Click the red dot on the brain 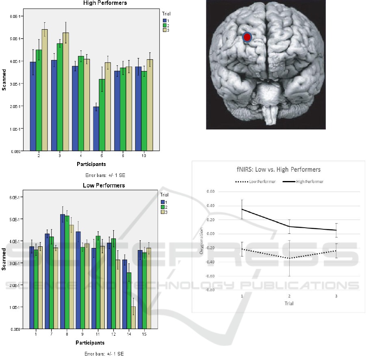click(247, 37)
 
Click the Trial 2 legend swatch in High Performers click(165, 25)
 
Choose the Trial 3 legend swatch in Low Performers click(163, 212)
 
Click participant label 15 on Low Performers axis click(144, 334)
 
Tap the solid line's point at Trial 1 click(242, 209)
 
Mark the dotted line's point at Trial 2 click(289, 258)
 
